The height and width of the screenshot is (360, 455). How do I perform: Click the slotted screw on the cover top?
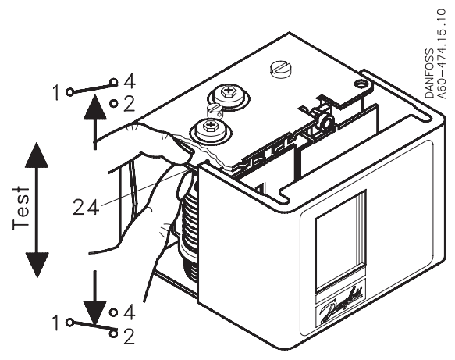[279, 69]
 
